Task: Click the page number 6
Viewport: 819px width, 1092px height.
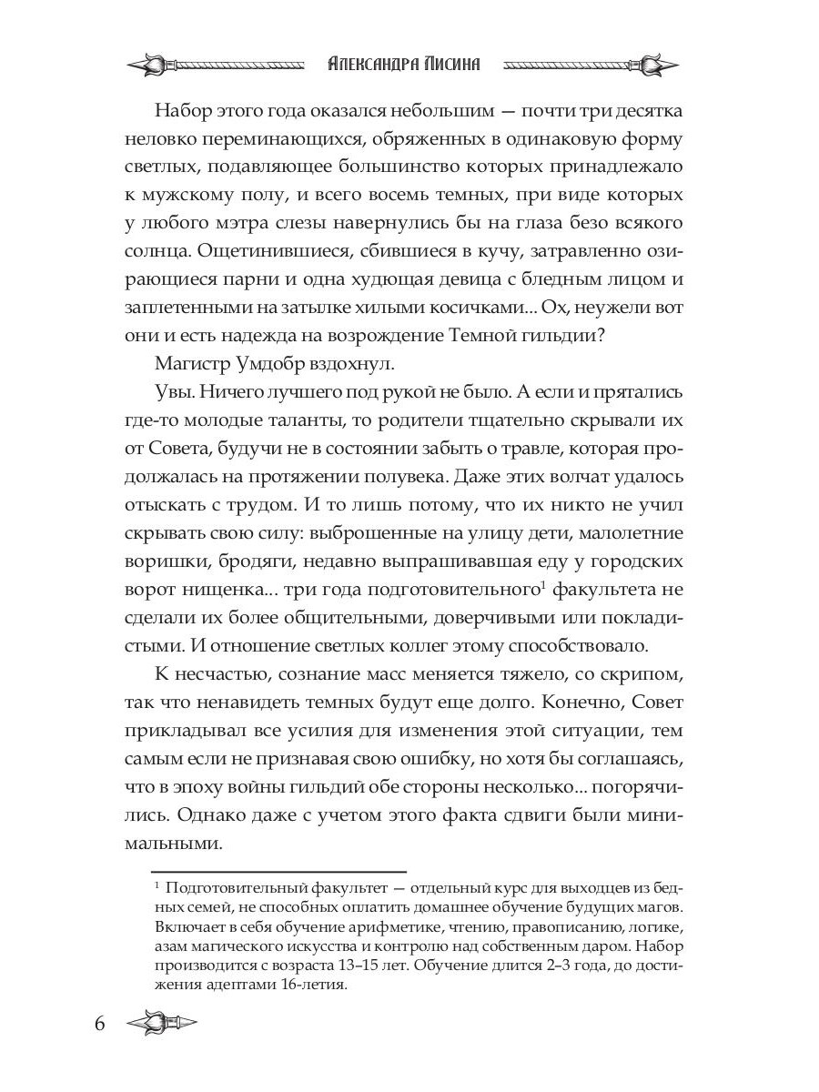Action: pos(99,1023)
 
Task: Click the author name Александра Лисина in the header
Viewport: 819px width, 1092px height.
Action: pos(403,64)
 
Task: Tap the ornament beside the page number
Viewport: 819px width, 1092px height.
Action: pos(162,1023)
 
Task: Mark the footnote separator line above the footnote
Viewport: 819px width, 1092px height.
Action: pos(278,871)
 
